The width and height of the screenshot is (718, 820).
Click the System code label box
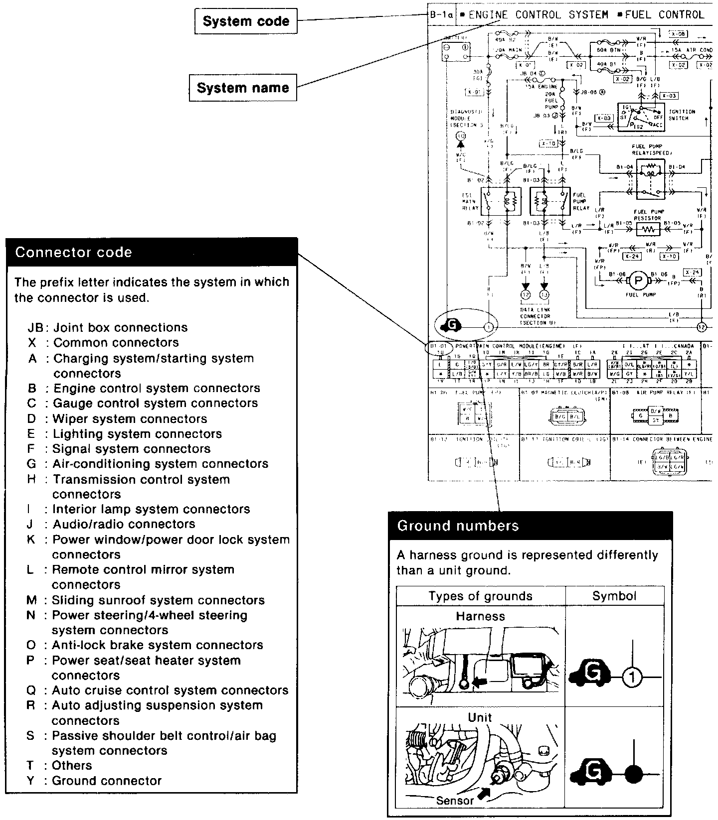pos(246,21)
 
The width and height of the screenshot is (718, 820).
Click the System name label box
pos(243,88)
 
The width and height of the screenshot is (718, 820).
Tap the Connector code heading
pos(73,252)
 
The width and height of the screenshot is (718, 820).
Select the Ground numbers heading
pos(458,526)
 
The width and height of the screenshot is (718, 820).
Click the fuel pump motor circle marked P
pos(638,281)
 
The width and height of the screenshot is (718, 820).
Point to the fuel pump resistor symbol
pos(647,230)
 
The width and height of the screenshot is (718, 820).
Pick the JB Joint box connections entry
pos(108,328)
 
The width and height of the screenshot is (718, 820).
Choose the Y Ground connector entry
pos(94,781)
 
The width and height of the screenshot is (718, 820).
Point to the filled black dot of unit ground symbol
pos(634,775)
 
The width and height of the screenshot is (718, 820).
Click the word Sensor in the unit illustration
pos(454,801)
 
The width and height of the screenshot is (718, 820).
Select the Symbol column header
pos(614,596)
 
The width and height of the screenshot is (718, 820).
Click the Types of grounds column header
pos(480,596)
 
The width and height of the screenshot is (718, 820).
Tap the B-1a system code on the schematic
pos(441,15)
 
